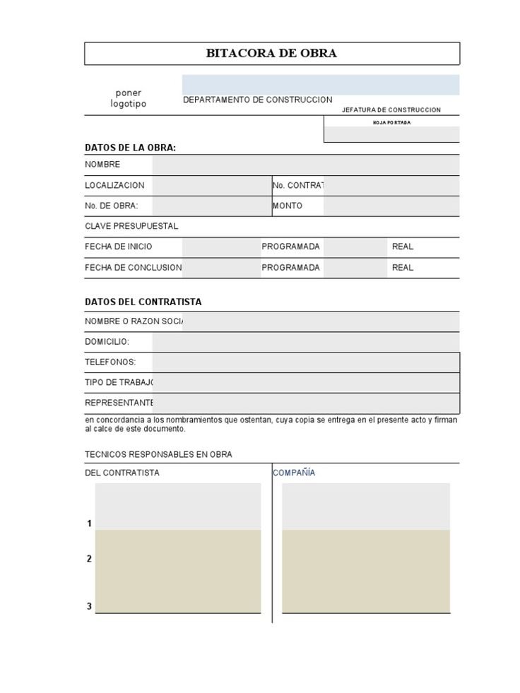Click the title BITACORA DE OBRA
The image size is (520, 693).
271,54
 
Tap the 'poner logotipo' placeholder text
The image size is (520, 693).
129,98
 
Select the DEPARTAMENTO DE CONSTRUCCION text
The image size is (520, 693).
257,100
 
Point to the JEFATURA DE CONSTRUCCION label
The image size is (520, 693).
391,110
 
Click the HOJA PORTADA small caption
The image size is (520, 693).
391,123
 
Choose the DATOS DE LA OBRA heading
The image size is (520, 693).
130,148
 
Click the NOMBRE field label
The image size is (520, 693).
102,165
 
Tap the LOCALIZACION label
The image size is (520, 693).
114,185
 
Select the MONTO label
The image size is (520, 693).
288,206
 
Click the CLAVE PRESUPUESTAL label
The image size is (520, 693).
131,226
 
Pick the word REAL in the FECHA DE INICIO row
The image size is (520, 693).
403,247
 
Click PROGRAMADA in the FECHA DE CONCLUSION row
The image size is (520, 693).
290,268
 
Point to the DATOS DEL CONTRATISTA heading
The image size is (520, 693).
143,302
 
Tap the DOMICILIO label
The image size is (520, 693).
107,341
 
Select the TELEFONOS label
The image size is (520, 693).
110,362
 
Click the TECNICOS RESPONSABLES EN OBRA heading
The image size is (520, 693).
158,454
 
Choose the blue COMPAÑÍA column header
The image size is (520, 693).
294,473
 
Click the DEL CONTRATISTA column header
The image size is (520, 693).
122,473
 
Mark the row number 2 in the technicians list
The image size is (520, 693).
90,559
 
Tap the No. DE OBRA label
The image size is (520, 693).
112,206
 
